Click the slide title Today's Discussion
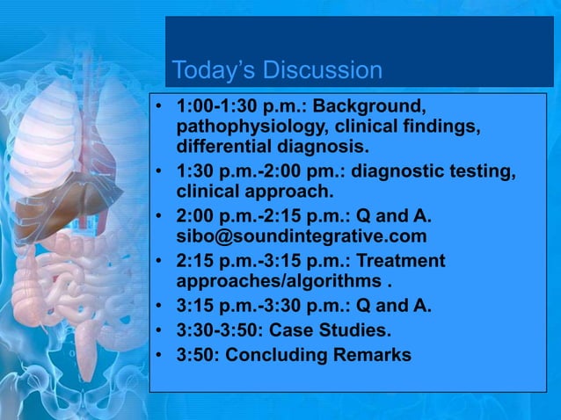pos(277,69)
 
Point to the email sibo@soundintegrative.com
pos(302,236)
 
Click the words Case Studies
pos(338,331)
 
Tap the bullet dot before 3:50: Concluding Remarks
pos(159,356)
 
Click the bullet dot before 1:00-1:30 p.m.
pos(159,108)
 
